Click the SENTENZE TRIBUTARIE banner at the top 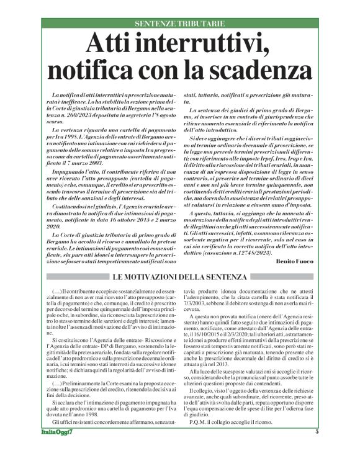179,23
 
